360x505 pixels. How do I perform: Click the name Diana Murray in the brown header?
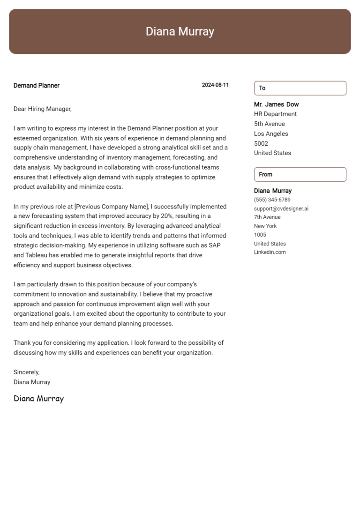180,31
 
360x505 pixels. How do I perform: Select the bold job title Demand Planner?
37,85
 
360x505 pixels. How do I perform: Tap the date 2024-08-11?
215,85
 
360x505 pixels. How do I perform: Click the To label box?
300,88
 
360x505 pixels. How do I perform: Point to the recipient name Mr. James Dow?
276,104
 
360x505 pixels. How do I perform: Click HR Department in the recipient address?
275,114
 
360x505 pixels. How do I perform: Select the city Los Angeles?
271,134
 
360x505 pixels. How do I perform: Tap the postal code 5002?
261,143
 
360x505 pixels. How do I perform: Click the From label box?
300,174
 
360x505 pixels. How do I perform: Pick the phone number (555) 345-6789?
272,200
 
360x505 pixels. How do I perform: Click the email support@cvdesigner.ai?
281,208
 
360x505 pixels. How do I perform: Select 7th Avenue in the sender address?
267,217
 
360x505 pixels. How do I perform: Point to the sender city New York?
265,226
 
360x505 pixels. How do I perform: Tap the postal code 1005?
260,235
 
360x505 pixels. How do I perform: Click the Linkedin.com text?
270,252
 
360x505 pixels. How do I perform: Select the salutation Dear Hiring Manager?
43,109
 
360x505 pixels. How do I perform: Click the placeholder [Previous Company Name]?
111,206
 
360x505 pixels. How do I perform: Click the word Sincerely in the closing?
26,372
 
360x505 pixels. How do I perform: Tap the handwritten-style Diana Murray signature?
38,399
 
